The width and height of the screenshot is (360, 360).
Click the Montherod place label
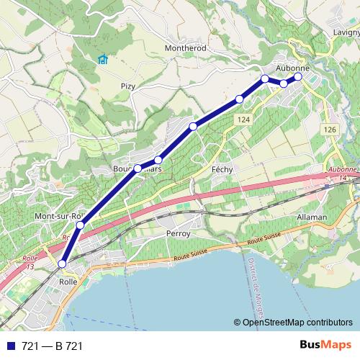point(186,47)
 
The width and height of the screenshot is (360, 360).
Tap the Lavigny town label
point(346,32)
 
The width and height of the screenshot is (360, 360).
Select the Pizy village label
point(128,86)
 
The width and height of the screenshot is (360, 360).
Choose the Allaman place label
point(311,217)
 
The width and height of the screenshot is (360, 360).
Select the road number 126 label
point(330,129)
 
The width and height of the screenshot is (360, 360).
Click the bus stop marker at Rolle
point(62,264)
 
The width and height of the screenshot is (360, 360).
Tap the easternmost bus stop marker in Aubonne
point(298,76)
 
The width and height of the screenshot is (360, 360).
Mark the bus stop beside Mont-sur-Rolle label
point(80,225)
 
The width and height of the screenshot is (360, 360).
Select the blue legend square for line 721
point(9,346)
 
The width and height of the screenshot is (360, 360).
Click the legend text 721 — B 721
point(53,346)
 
